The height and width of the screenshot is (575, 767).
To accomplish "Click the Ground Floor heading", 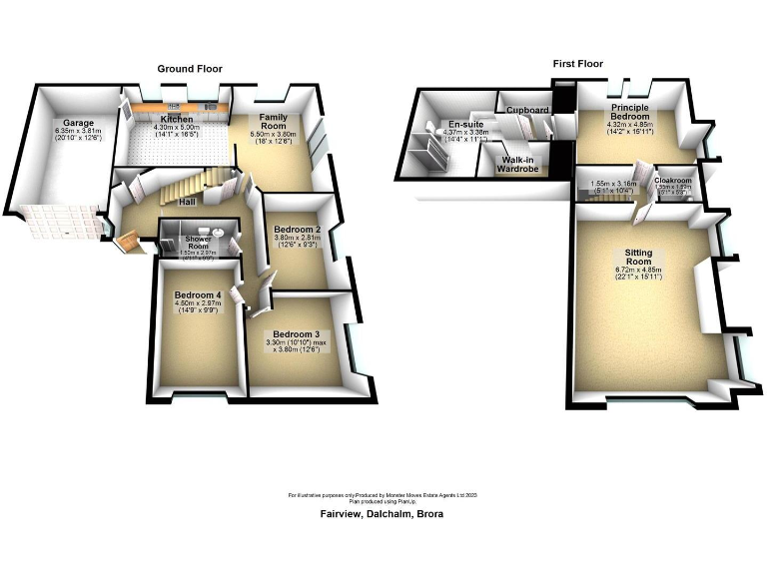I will click(x=189, y=69).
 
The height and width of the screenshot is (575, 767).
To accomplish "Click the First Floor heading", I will click(x=579, y=64).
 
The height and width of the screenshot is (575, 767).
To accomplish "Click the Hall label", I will click(x=187, y=202).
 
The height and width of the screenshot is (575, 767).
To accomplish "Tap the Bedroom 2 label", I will click(x=297, y=229).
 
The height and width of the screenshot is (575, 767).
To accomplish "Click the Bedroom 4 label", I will click(x=197, y=295).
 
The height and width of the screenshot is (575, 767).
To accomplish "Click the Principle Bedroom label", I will click(x=631, y=111).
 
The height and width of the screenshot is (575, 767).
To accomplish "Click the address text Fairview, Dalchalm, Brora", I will click(x=382, y=513).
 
